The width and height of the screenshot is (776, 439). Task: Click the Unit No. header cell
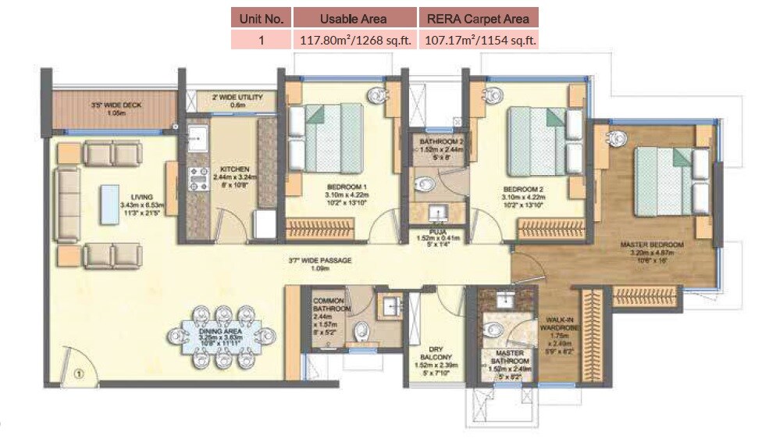tap(261, 18)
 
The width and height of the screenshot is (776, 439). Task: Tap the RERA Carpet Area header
tap(478, 18)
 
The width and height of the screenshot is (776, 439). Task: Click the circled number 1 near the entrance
tap(78, 373)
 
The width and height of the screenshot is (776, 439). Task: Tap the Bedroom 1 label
tap(347, 188)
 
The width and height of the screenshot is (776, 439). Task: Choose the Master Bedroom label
tap(651, 244)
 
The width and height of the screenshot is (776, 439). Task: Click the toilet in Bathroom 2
tap(424, 185)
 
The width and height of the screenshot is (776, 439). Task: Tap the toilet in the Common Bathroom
tap(359, 332)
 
